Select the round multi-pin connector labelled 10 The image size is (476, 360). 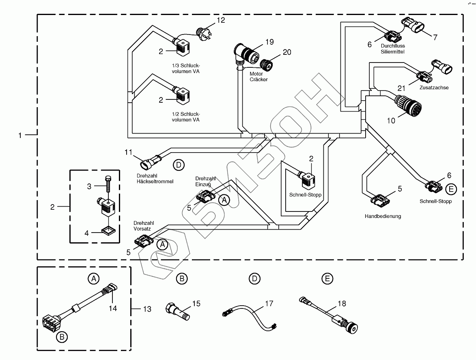pyautogui.click(x=408, y=104)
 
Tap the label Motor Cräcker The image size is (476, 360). pyautogui.click(x=258, y=77)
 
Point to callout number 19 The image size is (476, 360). pyautogui.click(x=269, y=42)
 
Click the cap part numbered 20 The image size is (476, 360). pyautogui.click(x=266, y=64)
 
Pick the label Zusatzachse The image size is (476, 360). pyautogui.click(x=435, y=87)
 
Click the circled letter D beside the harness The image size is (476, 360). pyautogui.click(x=178, y=165)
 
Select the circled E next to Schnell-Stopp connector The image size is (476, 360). pyautogui.click(x=450, y=188)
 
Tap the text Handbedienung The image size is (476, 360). pyautogui.click(x=383, y=216)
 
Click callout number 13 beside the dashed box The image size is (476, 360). pyautogui.click(x=147, y=309)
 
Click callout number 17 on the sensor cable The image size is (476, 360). pyautogui.click(x=269, y=303)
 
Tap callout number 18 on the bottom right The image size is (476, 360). pyautogui.click(x=342, y=304)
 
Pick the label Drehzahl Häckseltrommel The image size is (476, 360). pyautogui.click(x=155, y=179)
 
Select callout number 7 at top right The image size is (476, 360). pyautogui.click(x=435, y=37)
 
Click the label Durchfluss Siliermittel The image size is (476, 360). pyautogui.click(x=393, y=49)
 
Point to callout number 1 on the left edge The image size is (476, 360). pyautogui.click(x=20, y=135)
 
